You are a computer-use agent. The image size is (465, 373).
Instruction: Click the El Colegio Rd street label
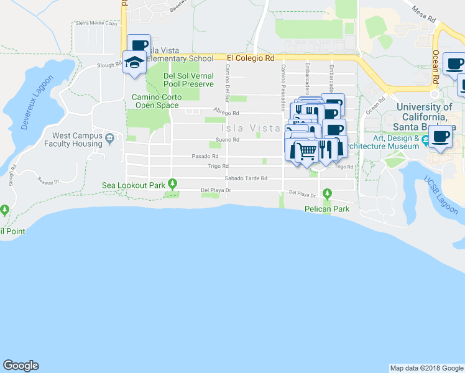coord(251,58)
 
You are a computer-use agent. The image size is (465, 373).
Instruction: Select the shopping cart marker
coord(305,152)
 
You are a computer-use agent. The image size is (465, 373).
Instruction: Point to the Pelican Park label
coord(326,210)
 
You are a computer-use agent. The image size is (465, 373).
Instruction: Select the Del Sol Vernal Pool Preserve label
coord(188,80)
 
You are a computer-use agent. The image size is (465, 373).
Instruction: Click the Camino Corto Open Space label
coord(157,101)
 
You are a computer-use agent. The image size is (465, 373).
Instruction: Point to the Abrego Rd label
coord(226,113)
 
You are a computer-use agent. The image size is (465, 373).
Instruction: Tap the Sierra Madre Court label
coord(96,24)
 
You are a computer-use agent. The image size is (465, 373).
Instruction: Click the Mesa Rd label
coord(422,11)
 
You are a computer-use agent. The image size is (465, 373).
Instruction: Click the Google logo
coord(21,366)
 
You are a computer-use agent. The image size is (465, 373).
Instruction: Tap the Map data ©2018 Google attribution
coord(426,368)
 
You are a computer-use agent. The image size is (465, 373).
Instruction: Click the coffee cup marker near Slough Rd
coord(139,44)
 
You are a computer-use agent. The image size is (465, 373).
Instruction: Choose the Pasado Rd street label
coord(205,156)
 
